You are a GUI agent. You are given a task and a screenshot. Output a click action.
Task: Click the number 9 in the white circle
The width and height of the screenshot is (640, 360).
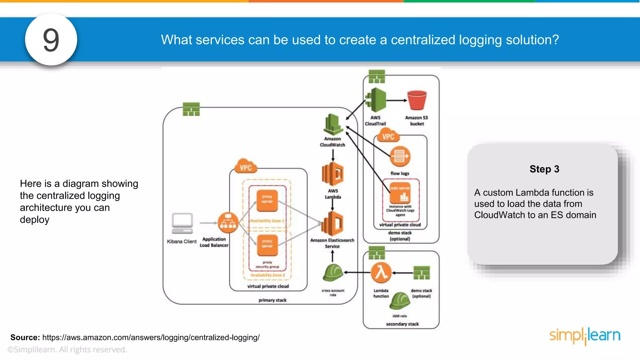click(51, 40)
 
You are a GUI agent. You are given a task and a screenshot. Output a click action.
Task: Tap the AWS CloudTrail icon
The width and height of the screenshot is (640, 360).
click(376, 100)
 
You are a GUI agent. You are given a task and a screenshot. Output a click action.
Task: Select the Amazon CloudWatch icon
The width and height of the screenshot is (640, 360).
click(332, 125)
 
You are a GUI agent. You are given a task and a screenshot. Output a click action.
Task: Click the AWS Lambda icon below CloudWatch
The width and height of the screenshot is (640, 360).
click(332, 174)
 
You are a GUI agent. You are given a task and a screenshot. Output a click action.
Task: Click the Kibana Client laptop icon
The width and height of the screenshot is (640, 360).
click(182, 223)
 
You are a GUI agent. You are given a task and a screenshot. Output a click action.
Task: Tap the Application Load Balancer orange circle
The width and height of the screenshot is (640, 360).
click(228, 222)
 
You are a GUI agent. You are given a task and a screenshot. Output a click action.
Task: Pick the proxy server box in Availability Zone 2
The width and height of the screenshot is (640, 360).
click(267, 245)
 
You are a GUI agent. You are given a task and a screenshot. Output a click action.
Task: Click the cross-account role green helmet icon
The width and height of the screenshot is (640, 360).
click(333, 272)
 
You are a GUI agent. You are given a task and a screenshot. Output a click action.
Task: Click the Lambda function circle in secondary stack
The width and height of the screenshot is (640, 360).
click(381, 272)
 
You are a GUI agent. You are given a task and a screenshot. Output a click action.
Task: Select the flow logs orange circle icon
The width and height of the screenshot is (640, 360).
click(400, 156)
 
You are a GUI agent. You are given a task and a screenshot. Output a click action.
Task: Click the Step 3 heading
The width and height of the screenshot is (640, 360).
click(544, 169)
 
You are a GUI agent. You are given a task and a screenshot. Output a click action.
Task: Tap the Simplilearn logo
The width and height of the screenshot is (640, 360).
click(585, 336)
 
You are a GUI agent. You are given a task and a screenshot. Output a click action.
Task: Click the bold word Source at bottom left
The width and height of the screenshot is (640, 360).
click(25, 337)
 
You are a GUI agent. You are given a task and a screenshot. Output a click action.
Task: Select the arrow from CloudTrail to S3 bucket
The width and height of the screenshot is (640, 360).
click(396, 100)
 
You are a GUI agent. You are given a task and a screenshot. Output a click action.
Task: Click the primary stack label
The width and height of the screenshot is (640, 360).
click(272, 300)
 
